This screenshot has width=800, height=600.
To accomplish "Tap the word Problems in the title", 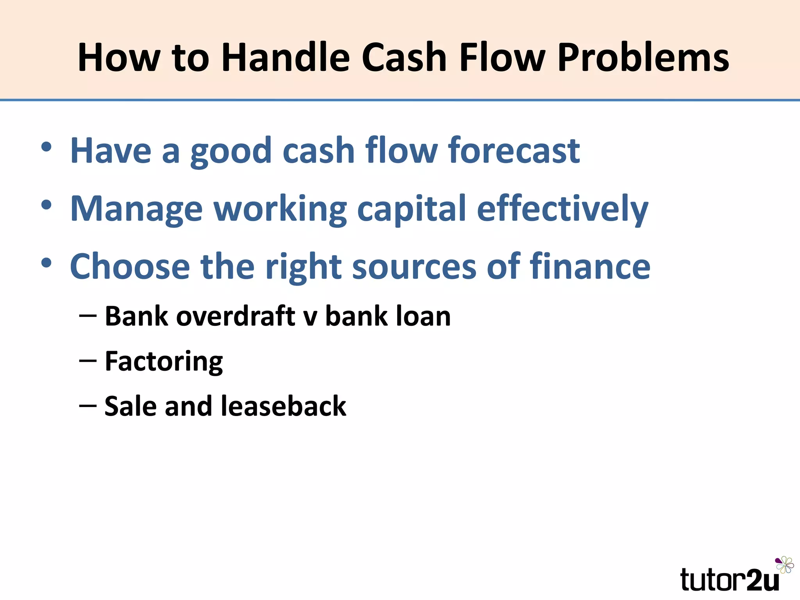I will coord(643,57).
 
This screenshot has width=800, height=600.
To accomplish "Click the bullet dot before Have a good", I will coord(46,147).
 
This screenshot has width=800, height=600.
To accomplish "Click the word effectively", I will coord(562,209).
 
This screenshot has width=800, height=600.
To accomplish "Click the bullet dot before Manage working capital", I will coord(46,205).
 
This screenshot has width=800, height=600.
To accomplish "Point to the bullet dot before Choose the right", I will coord(46,263).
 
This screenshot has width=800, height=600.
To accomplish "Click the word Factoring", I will coord(164,361).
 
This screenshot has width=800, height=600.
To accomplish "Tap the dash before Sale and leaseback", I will coord(87,406).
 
